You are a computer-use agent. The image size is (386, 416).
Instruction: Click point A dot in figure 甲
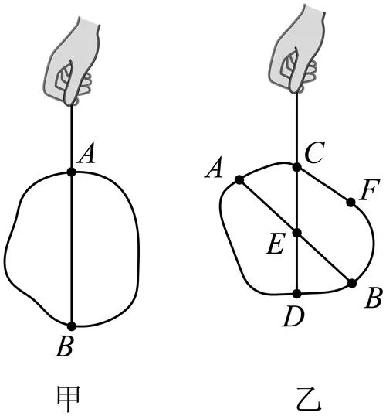click(71, 172)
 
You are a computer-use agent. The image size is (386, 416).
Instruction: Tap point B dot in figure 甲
click(71, 326)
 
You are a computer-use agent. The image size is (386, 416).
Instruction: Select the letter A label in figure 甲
click(86, 155)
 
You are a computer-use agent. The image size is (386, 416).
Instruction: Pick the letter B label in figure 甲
click(64, 347)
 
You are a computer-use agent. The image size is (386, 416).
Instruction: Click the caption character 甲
click(69, 398)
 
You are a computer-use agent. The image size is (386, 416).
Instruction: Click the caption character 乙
click(308, 399)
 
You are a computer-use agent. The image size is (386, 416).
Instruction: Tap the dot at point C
click(297, 167)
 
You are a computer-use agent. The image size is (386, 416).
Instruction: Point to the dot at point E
click(297, 233)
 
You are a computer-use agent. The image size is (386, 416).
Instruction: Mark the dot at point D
click(297, 294)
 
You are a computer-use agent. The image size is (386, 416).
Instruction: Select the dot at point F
click(350, 203)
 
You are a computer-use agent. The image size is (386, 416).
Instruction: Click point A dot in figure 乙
click(239, 180)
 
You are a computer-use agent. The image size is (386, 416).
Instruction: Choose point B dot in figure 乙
click(352, 283)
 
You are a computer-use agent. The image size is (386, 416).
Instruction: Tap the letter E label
click(276, 244)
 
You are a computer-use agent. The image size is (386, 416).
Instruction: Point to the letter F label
click(370, 189)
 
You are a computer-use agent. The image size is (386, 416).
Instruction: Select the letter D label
click(294, 317)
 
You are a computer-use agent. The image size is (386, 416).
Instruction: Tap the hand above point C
click(296, 48)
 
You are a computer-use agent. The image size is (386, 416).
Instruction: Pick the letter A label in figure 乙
click(214, 168)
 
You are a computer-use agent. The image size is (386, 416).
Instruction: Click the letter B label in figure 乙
click(373, 297)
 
